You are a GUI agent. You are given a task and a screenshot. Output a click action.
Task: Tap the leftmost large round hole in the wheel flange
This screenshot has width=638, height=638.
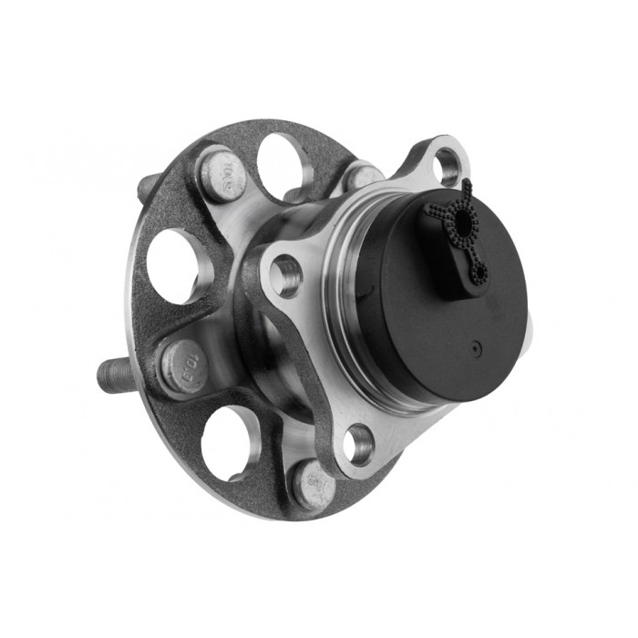click(173, 264)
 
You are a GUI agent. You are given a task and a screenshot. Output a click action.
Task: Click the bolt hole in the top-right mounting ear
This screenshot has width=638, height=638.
click(445, 166)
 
